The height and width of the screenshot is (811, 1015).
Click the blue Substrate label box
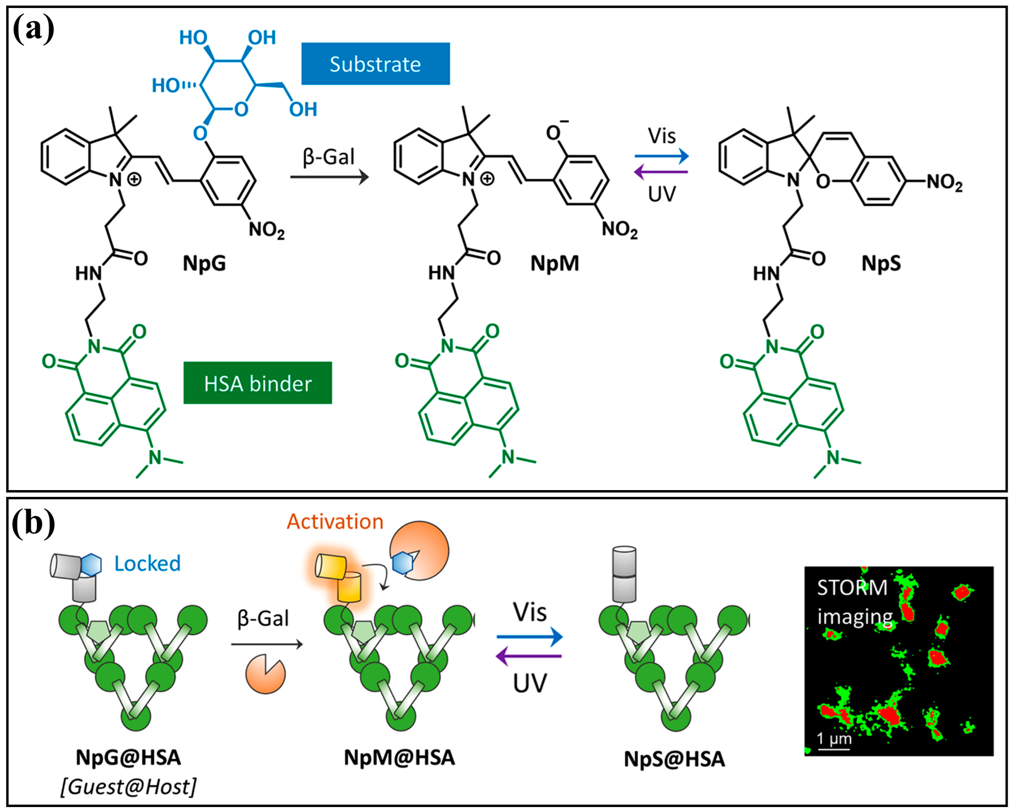point(375,64)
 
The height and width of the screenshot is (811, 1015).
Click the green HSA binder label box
point(258,383)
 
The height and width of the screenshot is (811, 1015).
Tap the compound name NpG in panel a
point(204,263)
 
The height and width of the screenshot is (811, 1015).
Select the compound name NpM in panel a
point(555,263)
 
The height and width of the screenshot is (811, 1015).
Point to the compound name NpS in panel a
point(881,263)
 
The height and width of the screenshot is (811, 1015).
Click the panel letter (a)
point(33,29)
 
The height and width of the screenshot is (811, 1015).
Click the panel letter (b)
point(33,523)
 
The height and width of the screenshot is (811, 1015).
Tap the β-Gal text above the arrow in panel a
point(328,157)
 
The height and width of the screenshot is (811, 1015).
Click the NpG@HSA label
point(128,757)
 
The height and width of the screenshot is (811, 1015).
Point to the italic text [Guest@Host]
point(128,787)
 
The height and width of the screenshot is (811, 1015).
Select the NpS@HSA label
point(674,759)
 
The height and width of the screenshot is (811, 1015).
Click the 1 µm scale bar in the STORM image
point(834,747)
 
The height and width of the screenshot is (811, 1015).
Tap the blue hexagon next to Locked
point(91,564)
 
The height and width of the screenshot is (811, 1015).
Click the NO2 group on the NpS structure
point(944,182)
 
